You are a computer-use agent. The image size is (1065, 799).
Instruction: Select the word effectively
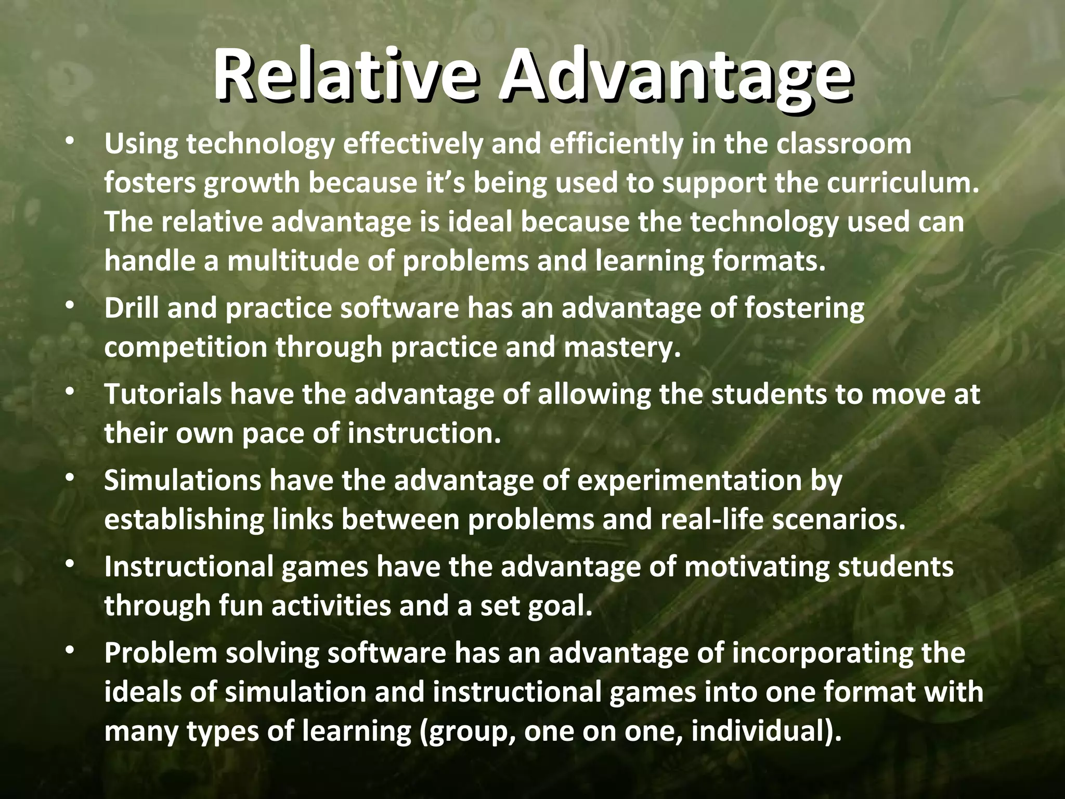click(x=413, y=144)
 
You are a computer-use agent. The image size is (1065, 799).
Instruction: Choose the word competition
click(x=186, y=347)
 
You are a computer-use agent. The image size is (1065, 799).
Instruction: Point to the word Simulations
click(x=183, y=480)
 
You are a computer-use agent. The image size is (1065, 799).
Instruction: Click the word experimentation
click(x=690, y=480)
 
